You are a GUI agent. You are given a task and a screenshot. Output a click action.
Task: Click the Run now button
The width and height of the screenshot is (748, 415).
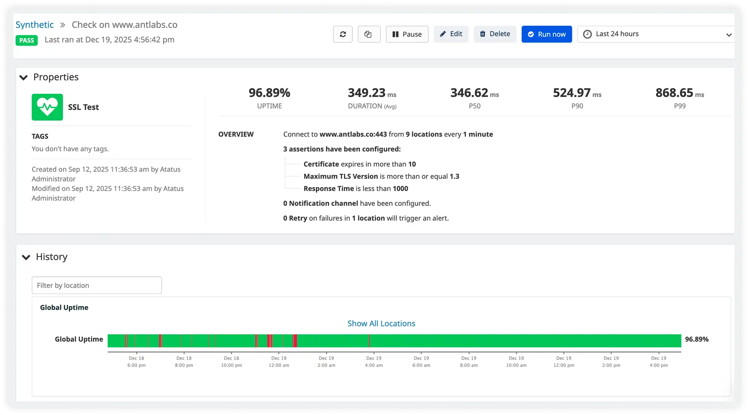546,34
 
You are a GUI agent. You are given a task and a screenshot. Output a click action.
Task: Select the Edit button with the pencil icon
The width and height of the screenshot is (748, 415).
451,34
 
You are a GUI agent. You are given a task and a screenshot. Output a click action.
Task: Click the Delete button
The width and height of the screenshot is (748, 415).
495,34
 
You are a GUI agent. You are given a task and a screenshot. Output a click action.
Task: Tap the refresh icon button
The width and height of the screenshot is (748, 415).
343,34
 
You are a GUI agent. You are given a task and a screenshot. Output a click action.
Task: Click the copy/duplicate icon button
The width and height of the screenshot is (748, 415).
369,34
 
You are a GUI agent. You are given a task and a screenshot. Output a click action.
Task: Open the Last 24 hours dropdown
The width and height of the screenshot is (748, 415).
655,34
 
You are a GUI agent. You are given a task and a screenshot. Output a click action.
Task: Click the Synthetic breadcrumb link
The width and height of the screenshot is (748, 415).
35,25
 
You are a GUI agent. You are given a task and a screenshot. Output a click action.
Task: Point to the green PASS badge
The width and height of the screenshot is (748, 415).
27,40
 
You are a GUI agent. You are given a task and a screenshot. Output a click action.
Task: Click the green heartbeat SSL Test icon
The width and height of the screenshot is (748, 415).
47,107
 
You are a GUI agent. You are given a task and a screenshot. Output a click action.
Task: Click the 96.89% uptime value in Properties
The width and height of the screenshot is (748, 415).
269,93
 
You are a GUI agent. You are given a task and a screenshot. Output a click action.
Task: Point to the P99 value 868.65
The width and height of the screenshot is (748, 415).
674,93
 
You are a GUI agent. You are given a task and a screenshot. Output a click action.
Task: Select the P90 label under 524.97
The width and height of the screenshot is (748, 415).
577,106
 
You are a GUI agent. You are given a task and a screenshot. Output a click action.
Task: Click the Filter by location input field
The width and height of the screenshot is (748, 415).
96,285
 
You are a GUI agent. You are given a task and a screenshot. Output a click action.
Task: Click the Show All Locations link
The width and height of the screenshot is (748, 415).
381,323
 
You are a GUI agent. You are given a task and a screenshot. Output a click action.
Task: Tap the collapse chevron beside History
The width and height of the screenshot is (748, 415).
26,257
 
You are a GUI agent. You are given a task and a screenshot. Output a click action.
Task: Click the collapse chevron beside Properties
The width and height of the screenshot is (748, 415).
24,77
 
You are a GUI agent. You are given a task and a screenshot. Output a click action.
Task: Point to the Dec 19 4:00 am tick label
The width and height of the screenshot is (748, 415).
374,362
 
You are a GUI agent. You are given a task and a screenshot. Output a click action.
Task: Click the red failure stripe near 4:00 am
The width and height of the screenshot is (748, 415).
369,341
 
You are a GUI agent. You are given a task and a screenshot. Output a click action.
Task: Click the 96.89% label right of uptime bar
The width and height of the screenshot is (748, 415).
697,339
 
